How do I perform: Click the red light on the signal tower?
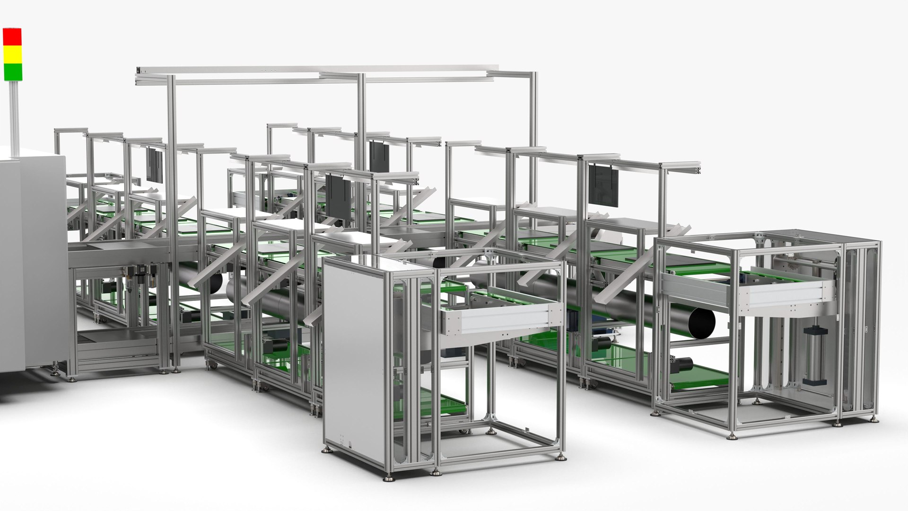[x=12, y=37]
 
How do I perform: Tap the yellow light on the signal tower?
[x=12, y=54]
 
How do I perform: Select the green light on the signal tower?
[x=12, y=71]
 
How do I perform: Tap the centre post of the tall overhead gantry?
[x=361, y=142]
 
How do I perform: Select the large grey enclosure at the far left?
[x=28, y=265]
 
